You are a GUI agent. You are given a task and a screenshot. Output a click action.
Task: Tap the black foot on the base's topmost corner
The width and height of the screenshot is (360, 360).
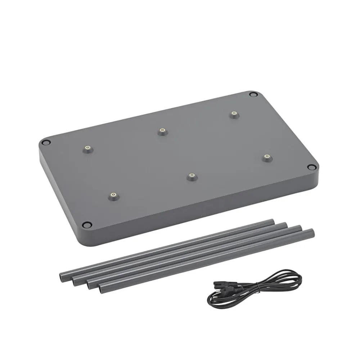point(254,95)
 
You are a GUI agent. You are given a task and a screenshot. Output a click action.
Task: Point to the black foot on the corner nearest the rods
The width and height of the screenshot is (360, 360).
point(86,225)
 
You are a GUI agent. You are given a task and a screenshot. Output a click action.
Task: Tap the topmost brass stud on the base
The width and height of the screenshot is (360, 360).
point(234,114)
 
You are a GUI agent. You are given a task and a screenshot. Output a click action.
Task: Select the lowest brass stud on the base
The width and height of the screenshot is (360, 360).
point(113,195)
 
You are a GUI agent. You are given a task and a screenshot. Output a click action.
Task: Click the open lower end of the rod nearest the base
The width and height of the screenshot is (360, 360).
point(60,276)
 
